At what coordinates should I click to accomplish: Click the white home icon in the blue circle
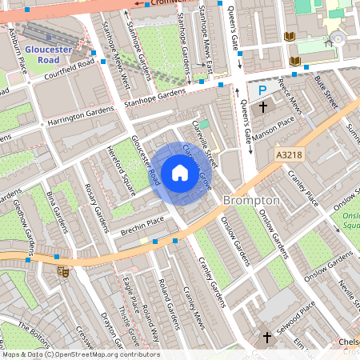[180, 173]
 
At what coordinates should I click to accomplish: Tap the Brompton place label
[251, 199]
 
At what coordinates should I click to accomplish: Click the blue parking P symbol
[262, 91]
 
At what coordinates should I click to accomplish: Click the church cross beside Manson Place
[262, 107]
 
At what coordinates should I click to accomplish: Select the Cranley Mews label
[193, 304]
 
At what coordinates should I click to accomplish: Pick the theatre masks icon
[62, 272]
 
